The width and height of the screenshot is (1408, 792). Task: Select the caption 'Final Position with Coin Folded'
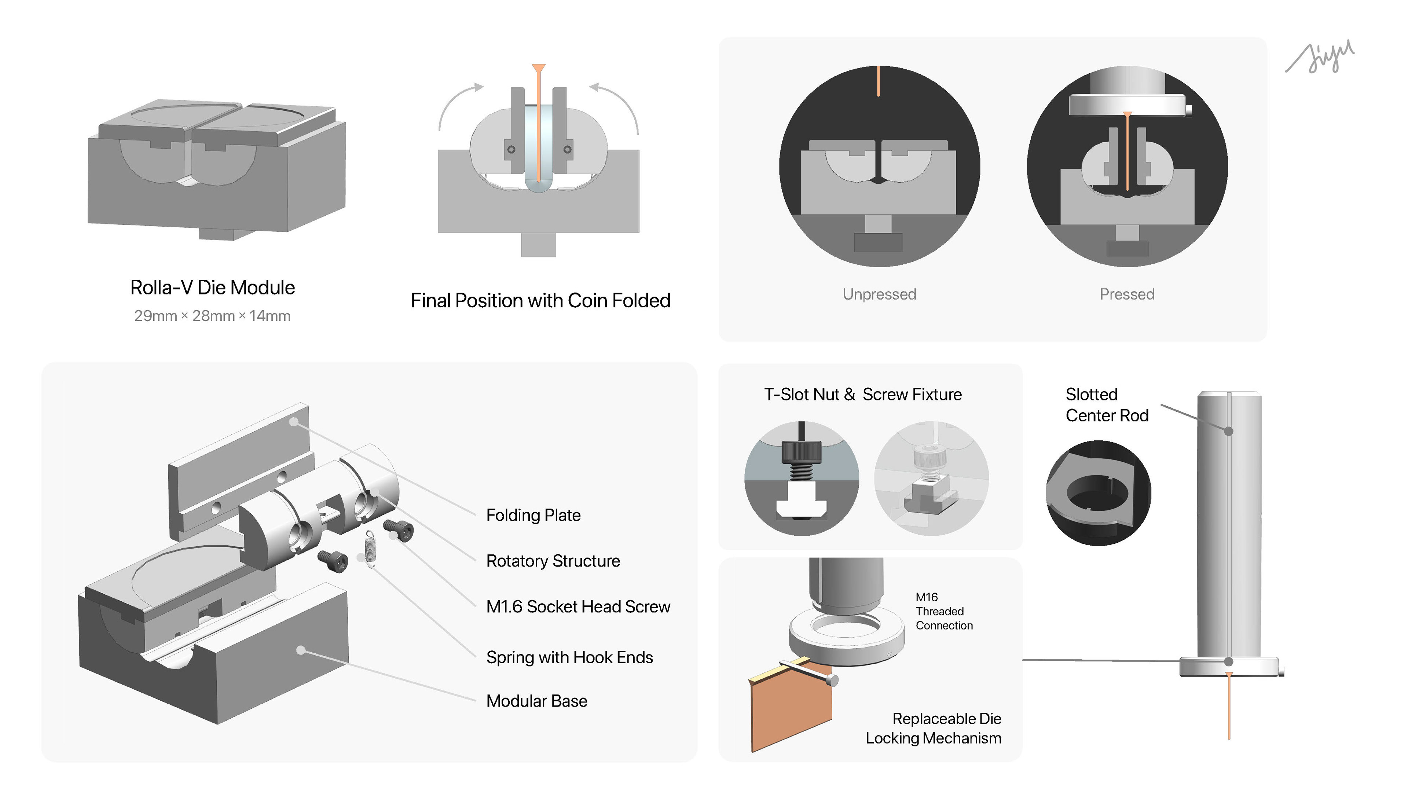pos(540,301)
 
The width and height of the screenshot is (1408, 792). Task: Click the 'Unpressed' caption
pos(879,294)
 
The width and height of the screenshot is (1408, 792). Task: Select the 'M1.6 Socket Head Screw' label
pos(578,607)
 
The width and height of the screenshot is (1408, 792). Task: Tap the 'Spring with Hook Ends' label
pos(569,657)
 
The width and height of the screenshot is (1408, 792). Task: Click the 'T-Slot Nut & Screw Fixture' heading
pos(862,394)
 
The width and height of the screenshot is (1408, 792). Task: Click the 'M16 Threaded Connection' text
pos(943,611)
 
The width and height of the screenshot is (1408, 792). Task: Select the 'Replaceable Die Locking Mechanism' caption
pos(934,728)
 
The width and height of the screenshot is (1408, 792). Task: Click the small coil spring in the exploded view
pos(371,549)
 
